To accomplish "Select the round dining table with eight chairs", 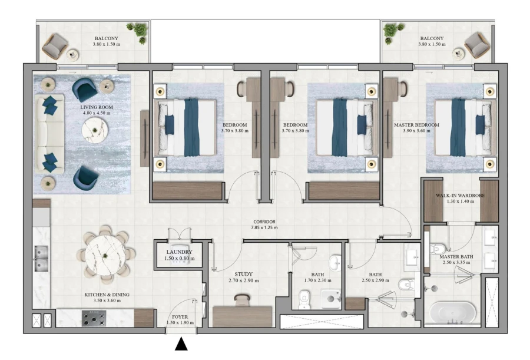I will pos(106,254).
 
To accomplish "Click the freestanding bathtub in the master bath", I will pos(452,313).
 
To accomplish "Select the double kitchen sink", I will pos(41,259).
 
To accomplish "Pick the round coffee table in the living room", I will pos(94,129).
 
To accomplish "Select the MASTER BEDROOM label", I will pos(416,128).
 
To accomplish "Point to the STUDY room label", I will pos(243,277).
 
